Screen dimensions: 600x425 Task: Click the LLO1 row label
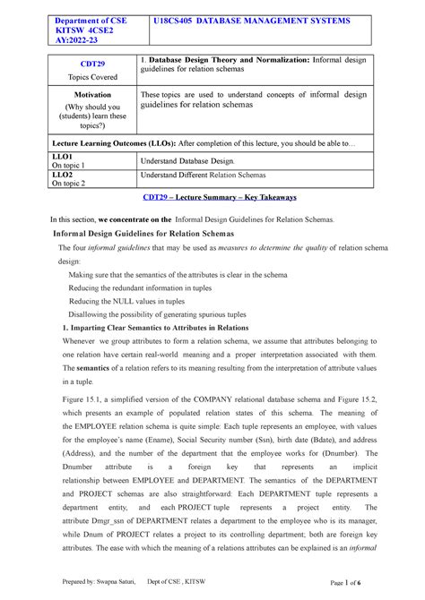[68, 156]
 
